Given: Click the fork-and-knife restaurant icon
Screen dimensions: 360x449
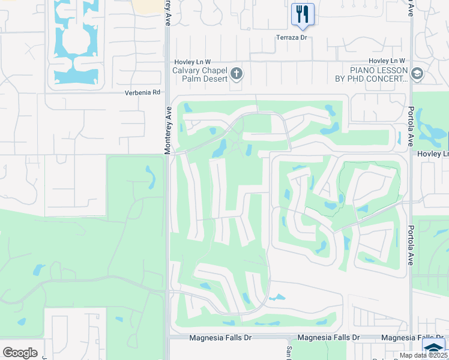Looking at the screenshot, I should pos(302,14).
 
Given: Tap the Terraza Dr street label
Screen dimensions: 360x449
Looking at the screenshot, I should pos(291,37).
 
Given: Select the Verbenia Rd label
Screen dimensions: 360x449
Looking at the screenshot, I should pos(143,92).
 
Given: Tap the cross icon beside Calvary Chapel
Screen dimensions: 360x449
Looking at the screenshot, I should pos(237,74).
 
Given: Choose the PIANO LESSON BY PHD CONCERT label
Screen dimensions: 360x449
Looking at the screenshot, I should pos(371,74).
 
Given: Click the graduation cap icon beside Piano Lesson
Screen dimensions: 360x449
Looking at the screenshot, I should pos(417,74).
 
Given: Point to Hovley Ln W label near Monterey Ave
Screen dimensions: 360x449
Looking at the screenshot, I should pos(192,61).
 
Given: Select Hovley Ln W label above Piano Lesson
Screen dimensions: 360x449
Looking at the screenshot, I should pos(387,61).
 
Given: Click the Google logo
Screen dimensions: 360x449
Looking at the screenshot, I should pos(20,352).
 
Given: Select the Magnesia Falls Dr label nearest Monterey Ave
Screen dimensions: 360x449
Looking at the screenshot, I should pos(221,338).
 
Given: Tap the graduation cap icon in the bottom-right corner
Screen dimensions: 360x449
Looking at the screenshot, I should pos(433,348).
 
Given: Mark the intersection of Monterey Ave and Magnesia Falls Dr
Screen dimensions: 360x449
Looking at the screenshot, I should pos(167,338).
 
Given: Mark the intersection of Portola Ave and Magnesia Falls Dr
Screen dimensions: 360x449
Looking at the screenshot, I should pos(411,338).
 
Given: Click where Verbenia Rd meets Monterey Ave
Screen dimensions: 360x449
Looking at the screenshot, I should pos(167,93).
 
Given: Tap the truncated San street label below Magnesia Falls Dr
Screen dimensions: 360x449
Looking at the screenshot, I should pos(289,353).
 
